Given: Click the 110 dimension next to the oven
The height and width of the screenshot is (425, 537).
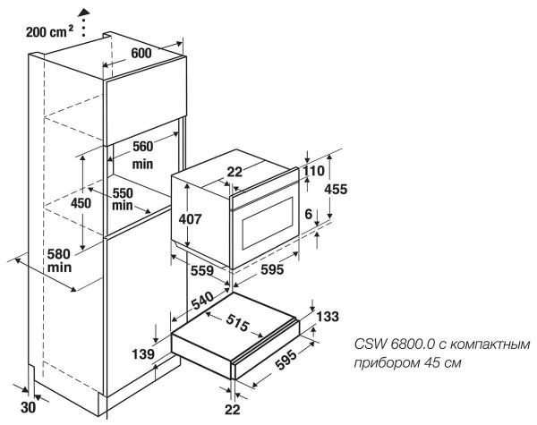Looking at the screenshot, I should point(313,169).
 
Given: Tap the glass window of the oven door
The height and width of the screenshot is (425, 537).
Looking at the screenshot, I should point(265,226).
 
